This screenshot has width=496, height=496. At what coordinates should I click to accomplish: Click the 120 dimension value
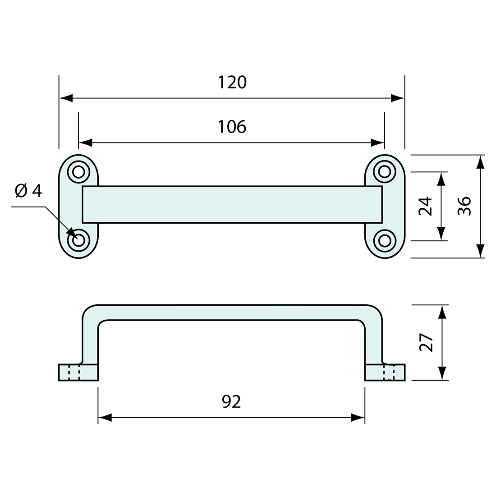coord(232,83)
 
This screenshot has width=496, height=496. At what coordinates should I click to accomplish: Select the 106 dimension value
coord(232,127)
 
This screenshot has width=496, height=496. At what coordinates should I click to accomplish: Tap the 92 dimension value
coord(231,402)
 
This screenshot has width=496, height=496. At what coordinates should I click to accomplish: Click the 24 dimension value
coord(426,206)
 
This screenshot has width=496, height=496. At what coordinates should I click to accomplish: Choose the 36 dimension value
coord(464,206)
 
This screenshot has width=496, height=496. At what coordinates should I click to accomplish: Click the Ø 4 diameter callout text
coord(28,191)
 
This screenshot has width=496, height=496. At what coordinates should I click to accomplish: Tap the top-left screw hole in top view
coord(78,172)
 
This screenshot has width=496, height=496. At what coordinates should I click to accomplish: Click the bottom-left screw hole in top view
coord(78,240)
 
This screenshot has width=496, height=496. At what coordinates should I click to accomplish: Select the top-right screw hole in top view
coord(384,172)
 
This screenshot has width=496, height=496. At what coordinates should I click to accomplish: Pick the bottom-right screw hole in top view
coord(384,240)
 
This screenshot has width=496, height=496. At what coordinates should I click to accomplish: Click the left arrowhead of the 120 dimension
coord(66,98)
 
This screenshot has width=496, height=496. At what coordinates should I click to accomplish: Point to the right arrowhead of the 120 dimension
coord(398,98)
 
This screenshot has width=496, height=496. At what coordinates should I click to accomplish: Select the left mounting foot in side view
coord(78,372)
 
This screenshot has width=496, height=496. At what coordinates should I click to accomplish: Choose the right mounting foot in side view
coord(385,372)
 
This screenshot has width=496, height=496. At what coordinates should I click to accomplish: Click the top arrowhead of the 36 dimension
coord(481,161)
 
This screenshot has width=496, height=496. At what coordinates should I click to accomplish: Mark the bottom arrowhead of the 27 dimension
coord(443,373)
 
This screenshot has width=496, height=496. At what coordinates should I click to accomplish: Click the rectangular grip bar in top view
coord(232,204)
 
